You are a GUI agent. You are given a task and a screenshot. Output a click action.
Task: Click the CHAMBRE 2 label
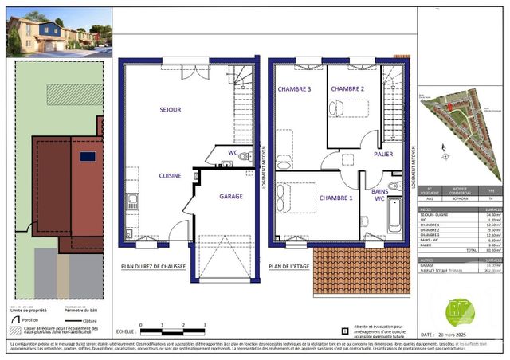[x=347, y=88]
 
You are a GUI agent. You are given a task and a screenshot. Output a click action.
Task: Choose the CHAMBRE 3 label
[x=294, y=88]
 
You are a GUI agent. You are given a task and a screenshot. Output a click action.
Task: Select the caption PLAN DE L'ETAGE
[x=289, y=267]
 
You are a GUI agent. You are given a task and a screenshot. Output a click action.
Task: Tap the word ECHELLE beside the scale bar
[x=125, y=330]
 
